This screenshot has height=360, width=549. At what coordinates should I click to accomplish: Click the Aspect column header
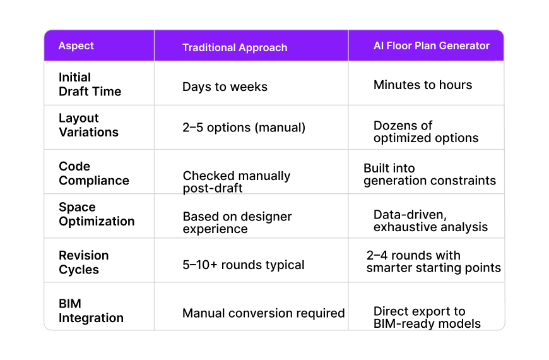pos(76,46)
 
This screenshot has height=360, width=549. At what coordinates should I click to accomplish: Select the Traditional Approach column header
pos(235,47)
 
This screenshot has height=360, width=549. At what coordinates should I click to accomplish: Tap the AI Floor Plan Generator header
pos(432,45)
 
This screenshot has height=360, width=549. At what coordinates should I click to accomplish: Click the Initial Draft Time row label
pos(90,84)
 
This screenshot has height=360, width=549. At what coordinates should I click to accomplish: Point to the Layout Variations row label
pos(88,125)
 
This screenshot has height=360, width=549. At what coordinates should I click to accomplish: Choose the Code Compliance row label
pos(94,173)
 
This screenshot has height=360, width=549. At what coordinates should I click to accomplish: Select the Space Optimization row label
pos(97,214)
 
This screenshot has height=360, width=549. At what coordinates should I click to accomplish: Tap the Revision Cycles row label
pos(84,262)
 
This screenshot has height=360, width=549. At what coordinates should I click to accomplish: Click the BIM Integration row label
pos(91,311)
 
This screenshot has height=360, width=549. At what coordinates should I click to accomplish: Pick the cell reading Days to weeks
pos(225,87)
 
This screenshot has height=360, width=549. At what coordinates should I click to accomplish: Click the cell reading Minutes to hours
pos(423,85)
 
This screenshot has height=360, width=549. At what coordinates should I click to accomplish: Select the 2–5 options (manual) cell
pos(244,127)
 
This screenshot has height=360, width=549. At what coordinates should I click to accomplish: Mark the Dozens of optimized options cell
pos(426,131)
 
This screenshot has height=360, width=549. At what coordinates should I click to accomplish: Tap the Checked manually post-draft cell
pos(237,181)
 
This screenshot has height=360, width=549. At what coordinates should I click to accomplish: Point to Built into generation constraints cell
pos(430,174)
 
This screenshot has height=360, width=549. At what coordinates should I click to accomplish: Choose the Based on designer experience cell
pos(237,222)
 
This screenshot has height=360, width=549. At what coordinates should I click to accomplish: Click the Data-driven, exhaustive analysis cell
pos(430,220)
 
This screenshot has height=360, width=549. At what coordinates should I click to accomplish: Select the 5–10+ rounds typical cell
pos(244,265)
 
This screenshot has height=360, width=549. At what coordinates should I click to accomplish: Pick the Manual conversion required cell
pos(264,313)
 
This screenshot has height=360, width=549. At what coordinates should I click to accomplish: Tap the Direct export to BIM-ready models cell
pos(427,317)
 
